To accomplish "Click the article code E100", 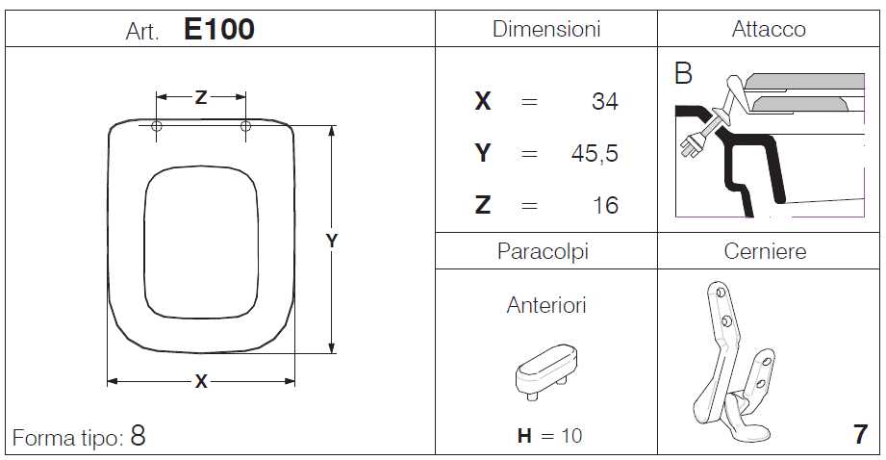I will pyautogui.click(x=218, y=30).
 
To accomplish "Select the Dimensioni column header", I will pyautogui.click(x=546, y=30).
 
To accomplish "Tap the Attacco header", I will pyautogui.click(x=769, y=30).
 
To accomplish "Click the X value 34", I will pyautogui.click(x=604, y=101).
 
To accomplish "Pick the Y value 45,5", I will pyautogui.click(x=594, y=153).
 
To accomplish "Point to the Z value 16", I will pyautogui.click(x=605, y=205).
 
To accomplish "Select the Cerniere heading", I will pyautogui.click(x=765, y=252).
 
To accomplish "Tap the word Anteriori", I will pyautogui.click(x=546, y=306).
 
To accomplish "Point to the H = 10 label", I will pyautogui.click(x=549, y=436).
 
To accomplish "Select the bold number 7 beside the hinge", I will pyautogui.click(x=859, y=435).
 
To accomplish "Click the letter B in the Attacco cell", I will pyautogui.click(x=683, y=75).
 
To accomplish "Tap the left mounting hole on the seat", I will pyautogui.click(x=158, y=126).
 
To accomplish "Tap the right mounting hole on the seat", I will pyautogui.click(x=245, y=126).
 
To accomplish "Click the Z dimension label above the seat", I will pyautogui.click(x=200, y=97).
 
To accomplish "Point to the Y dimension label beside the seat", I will pyautogui.click(x=332, y=242).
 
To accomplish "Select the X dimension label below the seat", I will pyautogui.click(x=200, y=382).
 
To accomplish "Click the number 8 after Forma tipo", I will pyautogui.click(x=138, y=436).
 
